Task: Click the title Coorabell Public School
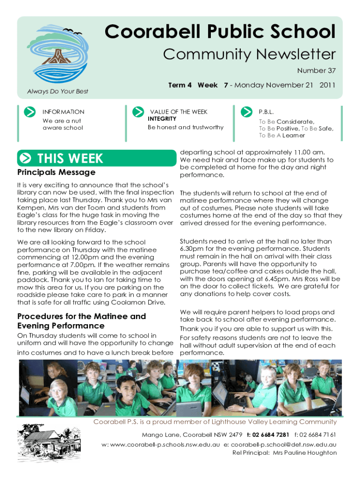pyautogui.click(x=220, y=32)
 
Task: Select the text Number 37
pyautogui.click(x=317, y=71)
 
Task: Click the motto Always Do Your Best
pyautogui.click(x=58, y=91)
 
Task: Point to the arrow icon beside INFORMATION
pyautogui.click(x=29, y=112)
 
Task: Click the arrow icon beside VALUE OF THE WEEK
pyautogui.click(x=138, y=112)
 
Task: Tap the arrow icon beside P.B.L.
pyautogui.click(x=246, y=112)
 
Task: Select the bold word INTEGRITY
pyautogui.click(x=162, y=119)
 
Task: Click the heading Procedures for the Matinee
pyautogui.click(x=81, y=316)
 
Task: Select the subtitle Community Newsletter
pyautogui.click(x=249, y=55)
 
